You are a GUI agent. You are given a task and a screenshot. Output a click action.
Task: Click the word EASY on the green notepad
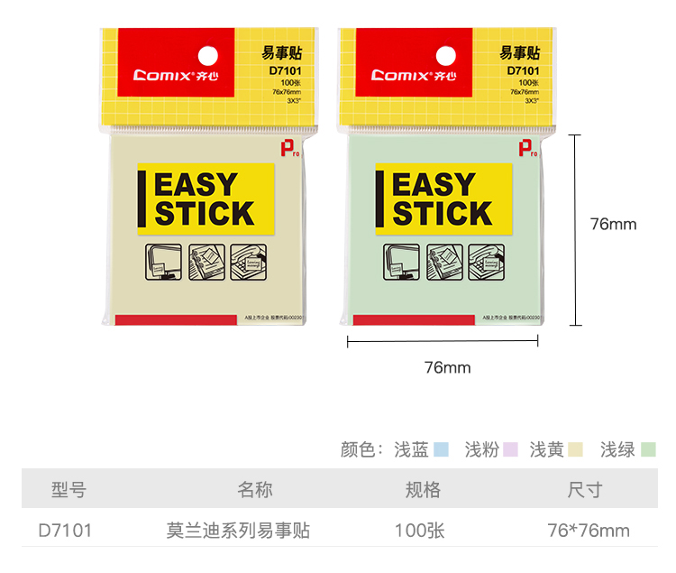(x=434, y=186)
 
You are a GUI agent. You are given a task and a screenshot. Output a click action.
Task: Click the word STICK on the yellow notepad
(x=205, y=214)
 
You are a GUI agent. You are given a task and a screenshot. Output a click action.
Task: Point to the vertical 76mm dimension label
(x=613, y=224)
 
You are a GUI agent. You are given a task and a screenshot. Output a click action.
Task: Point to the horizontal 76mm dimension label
(x=447, y=367)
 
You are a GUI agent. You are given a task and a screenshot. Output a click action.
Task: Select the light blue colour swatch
(x=442, y=449)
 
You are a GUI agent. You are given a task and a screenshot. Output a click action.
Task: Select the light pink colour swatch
(x=510, y=449)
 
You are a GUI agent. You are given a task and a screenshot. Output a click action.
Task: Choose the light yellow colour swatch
(x=576, y=449)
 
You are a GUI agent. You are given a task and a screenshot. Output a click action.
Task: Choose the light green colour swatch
(x=648, y=449)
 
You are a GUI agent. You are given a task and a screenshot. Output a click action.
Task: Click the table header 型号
(x=69, y=490)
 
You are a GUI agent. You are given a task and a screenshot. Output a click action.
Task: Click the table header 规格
(x=423, y=490)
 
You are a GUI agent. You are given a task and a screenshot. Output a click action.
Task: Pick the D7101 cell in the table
(x=65, y=531)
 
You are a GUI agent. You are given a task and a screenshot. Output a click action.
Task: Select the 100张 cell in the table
(x=420, y=531)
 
